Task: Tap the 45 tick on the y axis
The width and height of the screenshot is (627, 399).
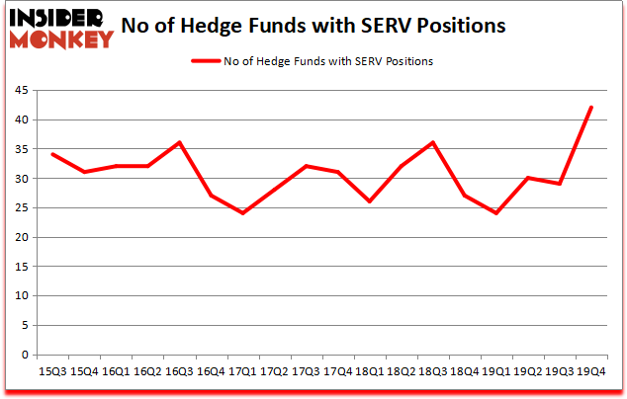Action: click(x=20, y=91)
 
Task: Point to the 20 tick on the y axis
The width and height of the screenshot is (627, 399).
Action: click(x=20, y=238)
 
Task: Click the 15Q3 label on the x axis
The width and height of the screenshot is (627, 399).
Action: click(x=52, y=371)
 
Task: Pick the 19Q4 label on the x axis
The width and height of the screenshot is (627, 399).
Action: click(x=592, y=371)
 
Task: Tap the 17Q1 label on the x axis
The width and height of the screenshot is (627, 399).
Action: click(x=243, y=371)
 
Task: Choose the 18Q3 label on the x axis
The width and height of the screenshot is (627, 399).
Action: click(x=433, y=371)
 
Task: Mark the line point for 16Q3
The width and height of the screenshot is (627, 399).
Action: click(x=179, y=143)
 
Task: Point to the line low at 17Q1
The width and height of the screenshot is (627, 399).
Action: click(x=243, y=213)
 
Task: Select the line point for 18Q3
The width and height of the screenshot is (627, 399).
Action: click(x=433, y=143)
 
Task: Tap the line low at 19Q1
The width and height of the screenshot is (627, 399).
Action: click(x=497, y=213)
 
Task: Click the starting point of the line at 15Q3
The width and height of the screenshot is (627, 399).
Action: click(x=52, y=155)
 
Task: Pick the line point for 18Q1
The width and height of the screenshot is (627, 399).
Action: click(x=370, y=201)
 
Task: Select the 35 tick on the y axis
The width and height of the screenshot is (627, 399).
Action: click(x=20, y=149)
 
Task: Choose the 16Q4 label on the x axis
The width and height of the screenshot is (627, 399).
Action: click(x=212, y=371)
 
